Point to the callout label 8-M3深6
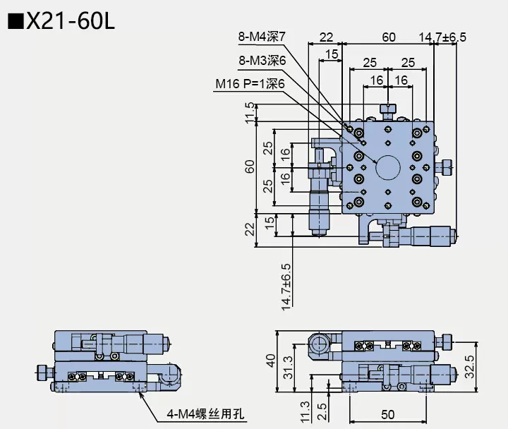click(x=262, y=61)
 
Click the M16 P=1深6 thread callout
click(x=250, y=84)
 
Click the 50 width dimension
click(x=388, y=413)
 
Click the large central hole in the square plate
click(x=387, y=167)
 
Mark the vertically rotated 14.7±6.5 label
click(x=286, y=286)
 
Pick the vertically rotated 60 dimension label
click(x=248, y=167)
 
